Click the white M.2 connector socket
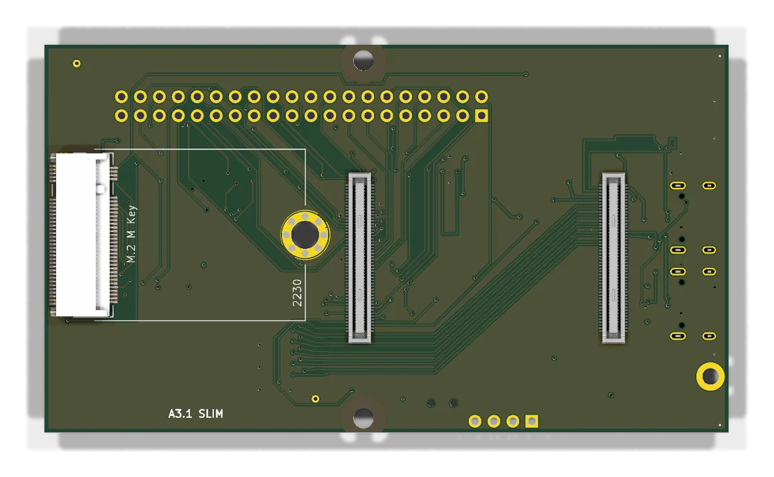83,234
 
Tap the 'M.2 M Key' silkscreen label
132,234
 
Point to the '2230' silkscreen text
297,293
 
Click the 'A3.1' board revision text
180,413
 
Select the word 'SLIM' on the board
211,413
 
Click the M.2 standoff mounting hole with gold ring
305,234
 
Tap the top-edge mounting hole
363,60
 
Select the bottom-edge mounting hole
363,418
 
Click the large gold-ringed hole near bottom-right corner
710,376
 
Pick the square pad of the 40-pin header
481,115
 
